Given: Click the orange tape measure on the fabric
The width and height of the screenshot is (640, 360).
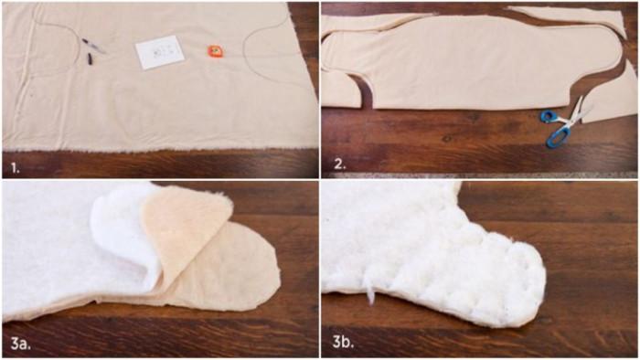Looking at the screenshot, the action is (x=215, y=51).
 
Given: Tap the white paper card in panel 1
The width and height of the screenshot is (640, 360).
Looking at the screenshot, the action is (x=160, y=52).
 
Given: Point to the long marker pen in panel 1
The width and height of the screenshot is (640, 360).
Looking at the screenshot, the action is (x=93, y=46).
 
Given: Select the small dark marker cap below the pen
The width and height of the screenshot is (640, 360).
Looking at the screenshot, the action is (x=90, y=59).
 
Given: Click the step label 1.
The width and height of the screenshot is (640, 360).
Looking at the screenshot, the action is (x=16, y=167).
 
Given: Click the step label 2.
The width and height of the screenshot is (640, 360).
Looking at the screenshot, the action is (x=340, y=164).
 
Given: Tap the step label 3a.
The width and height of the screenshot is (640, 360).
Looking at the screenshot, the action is (x=20, y=344).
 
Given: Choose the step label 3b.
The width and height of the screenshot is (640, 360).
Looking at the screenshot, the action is (x=343, y=342).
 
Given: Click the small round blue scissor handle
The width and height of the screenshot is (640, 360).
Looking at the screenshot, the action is (x=547, y=117).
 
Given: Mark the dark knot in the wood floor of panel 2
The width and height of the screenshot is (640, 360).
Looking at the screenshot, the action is (x=448, y=139).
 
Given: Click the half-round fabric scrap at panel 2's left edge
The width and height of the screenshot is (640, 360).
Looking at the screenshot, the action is (x=340, y=91).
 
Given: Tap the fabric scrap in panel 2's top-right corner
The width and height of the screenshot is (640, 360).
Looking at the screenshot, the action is (x=568, y=17).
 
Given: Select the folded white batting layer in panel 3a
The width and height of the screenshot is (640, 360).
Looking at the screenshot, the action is (x=123, y=232).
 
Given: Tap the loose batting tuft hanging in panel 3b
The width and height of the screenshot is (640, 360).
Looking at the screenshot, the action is (x=370, y=292).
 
